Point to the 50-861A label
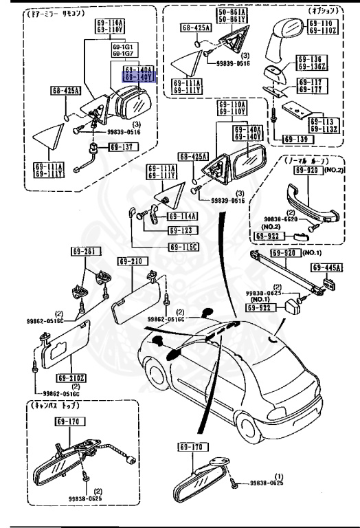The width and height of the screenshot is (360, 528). click(232, 14)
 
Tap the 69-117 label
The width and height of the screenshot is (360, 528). click(313, 85)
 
